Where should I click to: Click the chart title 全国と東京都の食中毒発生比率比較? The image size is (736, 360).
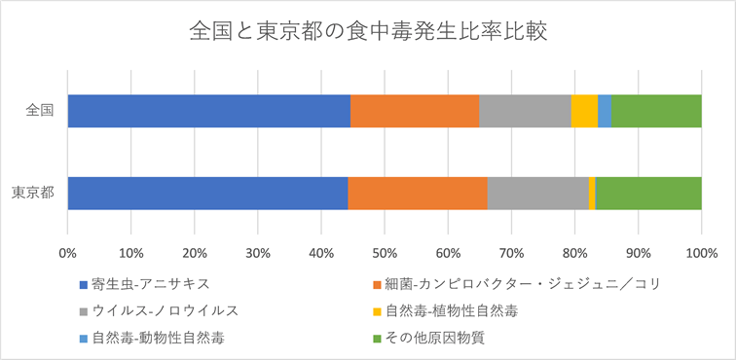coord(367,32)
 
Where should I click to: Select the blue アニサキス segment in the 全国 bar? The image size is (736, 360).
coord(208,111)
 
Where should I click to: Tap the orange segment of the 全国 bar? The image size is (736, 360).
coord(415,111)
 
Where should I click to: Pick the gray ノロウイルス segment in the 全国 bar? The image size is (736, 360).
coord(525,111)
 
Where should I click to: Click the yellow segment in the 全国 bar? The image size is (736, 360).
coord(584,111)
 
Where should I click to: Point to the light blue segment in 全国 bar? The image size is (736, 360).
coord(605,111)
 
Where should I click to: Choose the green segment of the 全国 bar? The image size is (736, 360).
coord(656,111)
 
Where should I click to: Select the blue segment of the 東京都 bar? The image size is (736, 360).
coord(207,194)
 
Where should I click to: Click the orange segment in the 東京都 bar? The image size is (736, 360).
coord(418,194)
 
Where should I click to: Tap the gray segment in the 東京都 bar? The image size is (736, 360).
coord(537,194)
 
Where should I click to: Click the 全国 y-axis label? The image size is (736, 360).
coord(40,111)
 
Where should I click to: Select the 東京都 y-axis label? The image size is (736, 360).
coord(32,194)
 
